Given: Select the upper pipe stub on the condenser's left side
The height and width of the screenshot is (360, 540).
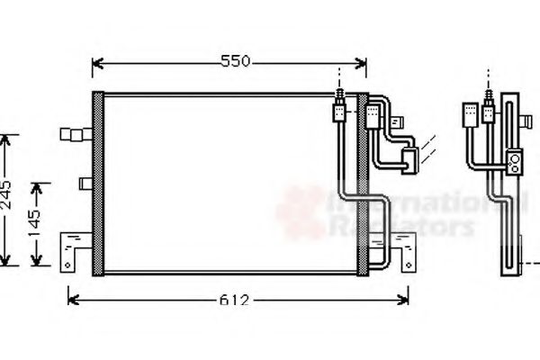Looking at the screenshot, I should (x=71, y=135).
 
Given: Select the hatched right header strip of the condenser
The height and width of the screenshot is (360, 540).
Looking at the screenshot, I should (x=362, y=184).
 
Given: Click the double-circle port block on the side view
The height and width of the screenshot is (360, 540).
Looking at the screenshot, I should (x=515, y=160).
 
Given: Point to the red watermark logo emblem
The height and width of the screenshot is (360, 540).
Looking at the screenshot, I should (x=302, y=212).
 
